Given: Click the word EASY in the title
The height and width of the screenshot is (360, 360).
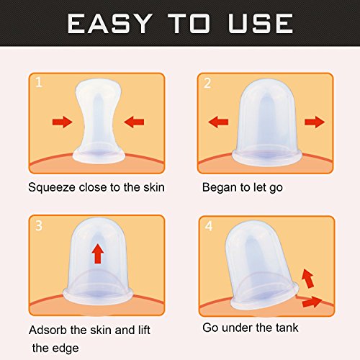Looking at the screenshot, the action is click(109, 23).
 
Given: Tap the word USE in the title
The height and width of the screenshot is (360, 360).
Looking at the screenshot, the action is click(261, 23).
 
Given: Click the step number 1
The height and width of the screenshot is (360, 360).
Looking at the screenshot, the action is click(39, 82).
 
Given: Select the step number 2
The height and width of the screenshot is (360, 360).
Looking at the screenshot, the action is click(207, 83).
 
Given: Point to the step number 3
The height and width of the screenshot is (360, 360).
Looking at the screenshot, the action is click(39, 225).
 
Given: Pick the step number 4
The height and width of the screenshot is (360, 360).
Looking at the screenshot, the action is click(209, 226).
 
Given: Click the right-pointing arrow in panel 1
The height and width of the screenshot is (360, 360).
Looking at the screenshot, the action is click(62, 122).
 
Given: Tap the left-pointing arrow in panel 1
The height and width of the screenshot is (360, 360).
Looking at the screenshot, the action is click(134, 122).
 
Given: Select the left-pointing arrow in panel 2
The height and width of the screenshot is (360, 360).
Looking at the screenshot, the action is click(218, 122).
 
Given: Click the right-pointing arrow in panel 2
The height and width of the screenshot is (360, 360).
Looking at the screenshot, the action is click(315, 122).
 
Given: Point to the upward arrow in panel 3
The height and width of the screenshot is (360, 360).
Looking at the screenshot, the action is click(98, 253).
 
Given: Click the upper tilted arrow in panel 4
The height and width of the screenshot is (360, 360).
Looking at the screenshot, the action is click(307, 279).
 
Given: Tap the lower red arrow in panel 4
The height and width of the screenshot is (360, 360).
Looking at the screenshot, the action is click(312, 302).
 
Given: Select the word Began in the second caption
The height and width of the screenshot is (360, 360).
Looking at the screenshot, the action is click(219, 188).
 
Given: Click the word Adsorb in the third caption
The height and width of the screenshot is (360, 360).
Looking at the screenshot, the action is click(48, 330).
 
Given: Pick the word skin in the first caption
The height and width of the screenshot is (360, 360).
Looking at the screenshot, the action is click(154, 187).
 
